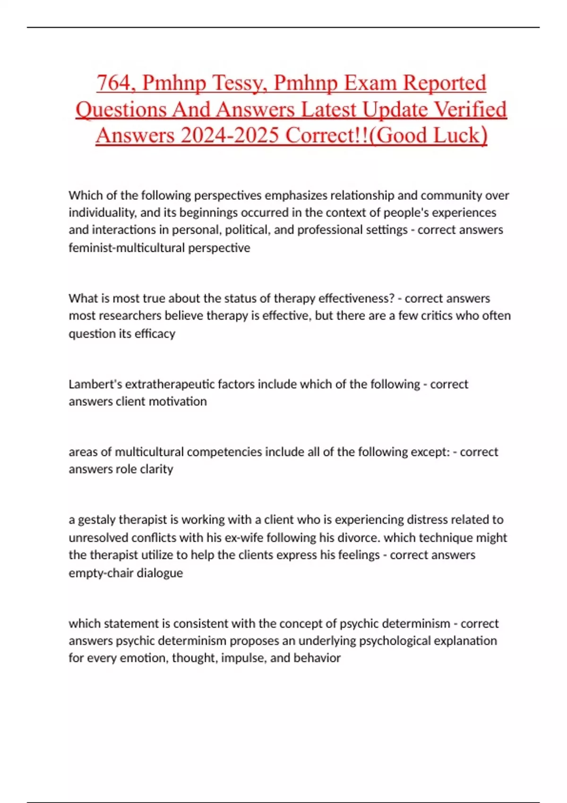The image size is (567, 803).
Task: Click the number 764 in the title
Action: [113, 83]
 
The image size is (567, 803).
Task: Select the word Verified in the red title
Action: [470, 110]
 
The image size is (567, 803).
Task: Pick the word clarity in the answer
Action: [156, 469]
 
